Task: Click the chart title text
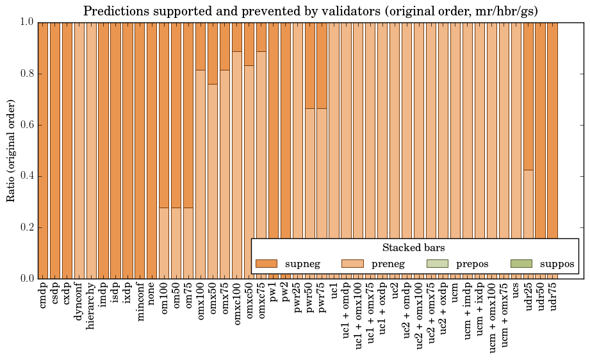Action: point(311,11)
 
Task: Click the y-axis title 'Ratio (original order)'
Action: point(11,150)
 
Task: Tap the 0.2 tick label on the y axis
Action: point(26,227)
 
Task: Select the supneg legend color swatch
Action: point(266,263)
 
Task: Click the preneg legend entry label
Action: point(388,263)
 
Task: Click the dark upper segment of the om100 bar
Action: point(163,115)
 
